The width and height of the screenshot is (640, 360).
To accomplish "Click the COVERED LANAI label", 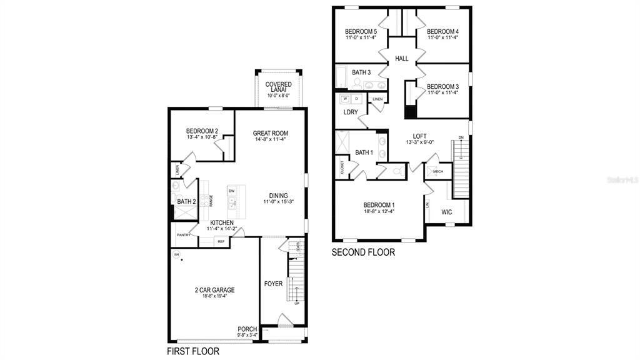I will [x=279, y=88].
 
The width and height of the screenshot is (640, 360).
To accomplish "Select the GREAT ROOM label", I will [x=270, y=133].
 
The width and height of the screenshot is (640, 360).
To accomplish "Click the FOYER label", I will [x=273, y=284].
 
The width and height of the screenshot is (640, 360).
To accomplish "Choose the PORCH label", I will [x=247, y=329].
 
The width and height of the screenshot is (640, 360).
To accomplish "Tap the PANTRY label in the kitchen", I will [x=183, y=235].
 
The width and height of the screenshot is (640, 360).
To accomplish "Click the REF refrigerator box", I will [x=221, y=241].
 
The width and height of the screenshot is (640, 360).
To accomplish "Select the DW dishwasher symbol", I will [x=231, y=191].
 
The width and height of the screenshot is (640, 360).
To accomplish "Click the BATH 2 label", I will [x=186, y=202].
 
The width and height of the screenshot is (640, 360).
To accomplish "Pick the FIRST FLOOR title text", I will [x=193, y=351].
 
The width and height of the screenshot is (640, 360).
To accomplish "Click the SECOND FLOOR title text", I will [x=363, y=253].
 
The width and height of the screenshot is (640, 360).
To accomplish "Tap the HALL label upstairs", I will [x=401, y=59].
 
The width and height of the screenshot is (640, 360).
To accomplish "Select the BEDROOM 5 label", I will [x=361, y=32].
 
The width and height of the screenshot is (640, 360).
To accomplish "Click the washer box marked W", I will [x=344, y=99].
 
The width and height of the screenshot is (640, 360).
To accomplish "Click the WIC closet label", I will [x=447, y=212].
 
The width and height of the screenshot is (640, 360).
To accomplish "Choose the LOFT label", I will [x=419, y=136].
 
